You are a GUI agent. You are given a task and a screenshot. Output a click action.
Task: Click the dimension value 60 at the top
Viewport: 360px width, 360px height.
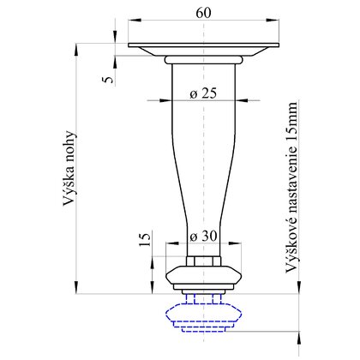(203, 13)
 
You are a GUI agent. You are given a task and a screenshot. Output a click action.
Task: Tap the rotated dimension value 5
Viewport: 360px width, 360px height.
(108, 79)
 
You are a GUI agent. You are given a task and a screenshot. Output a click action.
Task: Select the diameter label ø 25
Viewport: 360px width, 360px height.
(203, 93)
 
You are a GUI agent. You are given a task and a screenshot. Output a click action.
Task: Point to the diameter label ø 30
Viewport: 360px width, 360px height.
(203, 237)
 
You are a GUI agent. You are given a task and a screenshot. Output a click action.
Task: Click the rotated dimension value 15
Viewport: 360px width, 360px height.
(145, 240)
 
